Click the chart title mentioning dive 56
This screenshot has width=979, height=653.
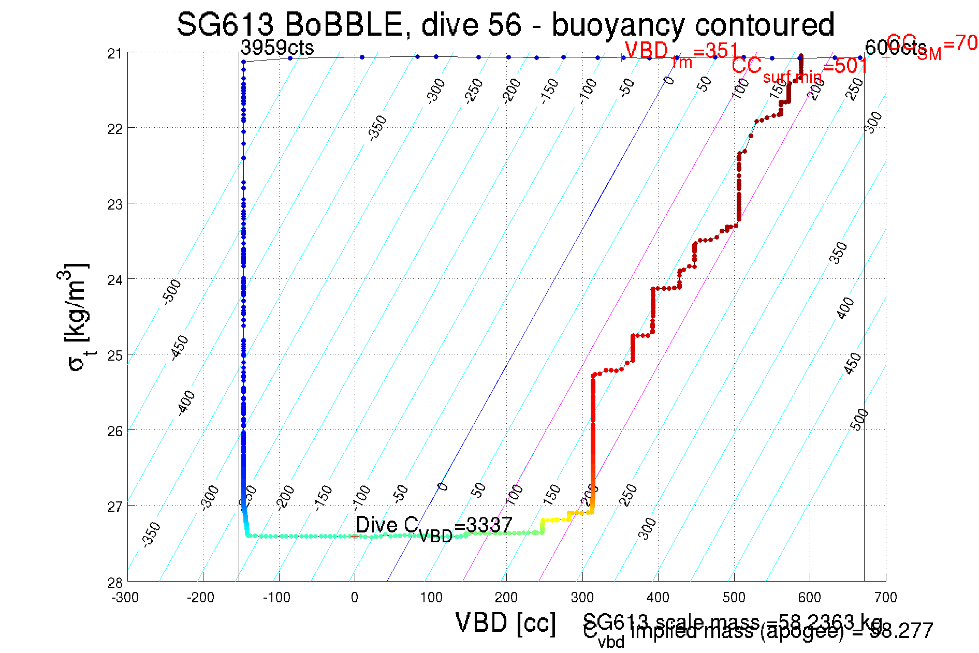click(x=505, y=24)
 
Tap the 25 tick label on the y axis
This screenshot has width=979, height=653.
click(x=115, y=355)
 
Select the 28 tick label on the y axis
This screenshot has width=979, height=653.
click(x=115, y=583)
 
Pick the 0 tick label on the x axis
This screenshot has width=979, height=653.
click(x=354, y=598)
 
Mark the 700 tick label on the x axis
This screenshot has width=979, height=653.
click(x=885, y=598)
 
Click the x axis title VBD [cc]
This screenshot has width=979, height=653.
click(x=506, y=622)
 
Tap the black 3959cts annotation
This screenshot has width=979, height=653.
click(x=277, y=48)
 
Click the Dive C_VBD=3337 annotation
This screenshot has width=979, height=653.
click(x=434, y=527)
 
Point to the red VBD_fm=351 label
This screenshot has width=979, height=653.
click(x=681, y=52)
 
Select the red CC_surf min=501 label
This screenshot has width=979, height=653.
click(x=799, y=67)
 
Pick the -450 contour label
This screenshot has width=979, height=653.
click(x=180, y=347)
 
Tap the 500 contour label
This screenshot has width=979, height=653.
click(x=859, y=419)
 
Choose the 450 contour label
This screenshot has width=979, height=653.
click(x=852, y=363)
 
